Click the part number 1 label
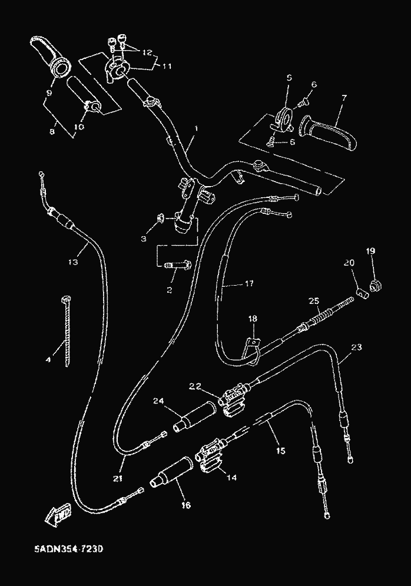[x=195, y=128]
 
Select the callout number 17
[x=248, y=283]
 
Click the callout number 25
[x=314, y=301]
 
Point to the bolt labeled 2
[x=177, y=266]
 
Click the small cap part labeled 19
[x=372, y=287]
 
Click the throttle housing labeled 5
[x=285, y=118]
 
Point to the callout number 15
[x=280, y=451]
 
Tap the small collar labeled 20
[x=359, y=292]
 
